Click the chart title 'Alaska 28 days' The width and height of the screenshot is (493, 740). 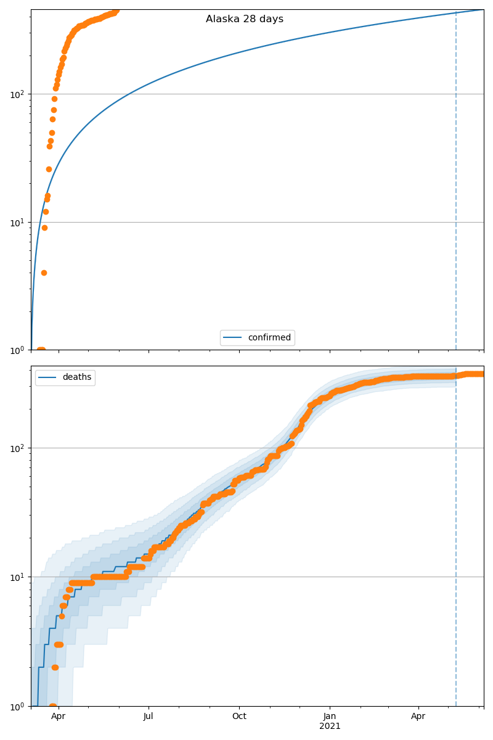[245, 19]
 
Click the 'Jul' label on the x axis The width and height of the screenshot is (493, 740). [149, 717]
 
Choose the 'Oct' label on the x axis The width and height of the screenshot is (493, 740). [239, 717]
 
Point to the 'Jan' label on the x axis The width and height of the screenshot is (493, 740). [330, 717]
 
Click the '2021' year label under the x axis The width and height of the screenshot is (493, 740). [330, 726]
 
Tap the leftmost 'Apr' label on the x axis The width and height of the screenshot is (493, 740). [59, 717]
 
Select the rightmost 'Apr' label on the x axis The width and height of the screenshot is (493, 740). [418, 717]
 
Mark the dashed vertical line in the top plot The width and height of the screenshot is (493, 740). [456, 185]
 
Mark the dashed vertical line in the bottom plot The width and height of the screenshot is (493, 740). [456, 555]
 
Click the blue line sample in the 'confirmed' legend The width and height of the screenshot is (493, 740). [234, 337]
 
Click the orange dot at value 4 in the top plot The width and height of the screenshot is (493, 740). [44, 273]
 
